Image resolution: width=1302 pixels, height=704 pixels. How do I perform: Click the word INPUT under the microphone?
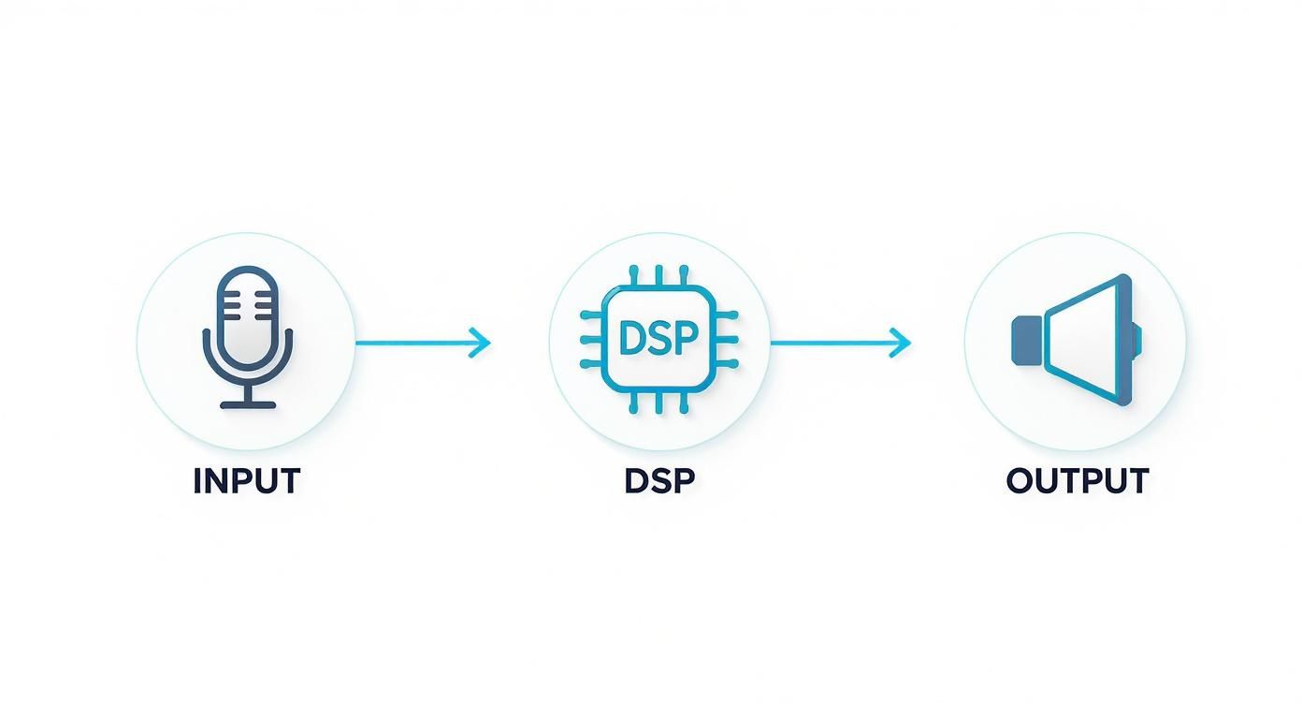pos(246,481)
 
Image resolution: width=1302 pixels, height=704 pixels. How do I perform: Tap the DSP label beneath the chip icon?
pos(659,481)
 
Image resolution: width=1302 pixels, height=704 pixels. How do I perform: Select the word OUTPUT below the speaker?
pos(1077,481)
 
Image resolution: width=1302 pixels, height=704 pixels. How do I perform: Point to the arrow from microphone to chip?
pos(421,343)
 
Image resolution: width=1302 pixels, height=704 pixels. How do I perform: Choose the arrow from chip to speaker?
pos(839,343)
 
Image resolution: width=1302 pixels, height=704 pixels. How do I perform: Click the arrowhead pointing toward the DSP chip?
pos(481,343)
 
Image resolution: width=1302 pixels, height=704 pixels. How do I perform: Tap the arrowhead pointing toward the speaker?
pos(901,343)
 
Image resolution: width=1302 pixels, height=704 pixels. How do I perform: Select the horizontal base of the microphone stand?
pos(248,405)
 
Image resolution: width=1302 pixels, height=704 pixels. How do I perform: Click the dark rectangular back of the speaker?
pos(1026,340)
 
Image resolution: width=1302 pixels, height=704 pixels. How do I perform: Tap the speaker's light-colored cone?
pos(1085,340)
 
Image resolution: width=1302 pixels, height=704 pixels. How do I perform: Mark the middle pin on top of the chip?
pos(658,275)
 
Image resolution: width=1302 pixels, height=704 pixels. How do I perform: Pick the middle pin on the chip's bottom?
pos(658,403)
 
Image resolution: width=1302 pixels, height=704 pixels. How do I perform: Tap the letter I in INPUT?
pos(197,481)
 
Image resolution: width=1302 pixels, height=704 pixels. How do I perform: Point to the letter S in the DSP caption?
pos(659,481)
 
